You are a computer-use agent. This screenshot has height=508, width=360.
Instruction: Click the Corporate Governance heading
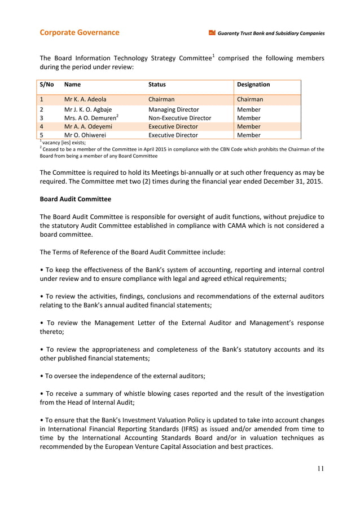point(79,33)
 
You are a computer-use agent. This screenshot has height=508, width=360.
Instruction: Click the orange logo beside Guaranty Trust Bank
point(212,33)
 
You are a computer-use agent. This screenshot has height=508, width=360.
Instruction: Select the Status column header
point(157,85)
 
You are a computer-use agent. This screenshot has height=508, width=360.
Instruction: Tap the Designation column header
point(253,85)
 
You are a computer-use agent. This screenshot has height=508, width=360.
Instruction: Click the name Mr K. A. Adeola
point(85,99)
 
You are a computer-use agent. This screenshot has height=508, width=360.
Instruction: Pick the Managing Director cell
point(173,109)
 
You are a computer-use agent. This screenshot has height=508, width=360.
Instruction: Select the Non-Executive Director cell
point(179,118)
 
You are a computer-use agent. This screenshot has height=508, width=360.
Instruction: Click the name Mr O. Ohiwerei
point(85,135)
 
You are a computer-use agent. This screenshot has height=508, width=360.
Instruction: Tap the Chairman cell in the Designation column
point(250,99)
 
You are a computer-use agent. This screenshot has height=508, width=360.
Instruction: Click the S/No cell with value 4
point(42,127)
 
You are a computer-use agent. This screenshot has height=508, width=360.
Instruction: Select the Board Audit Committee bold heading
point(75,199)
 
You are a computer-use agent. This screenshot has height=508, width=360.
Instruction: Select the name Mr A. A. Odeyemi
point(88,127)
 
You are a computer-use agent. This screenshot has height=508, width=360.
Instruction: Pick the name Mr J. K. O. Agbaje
point(88,109)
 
